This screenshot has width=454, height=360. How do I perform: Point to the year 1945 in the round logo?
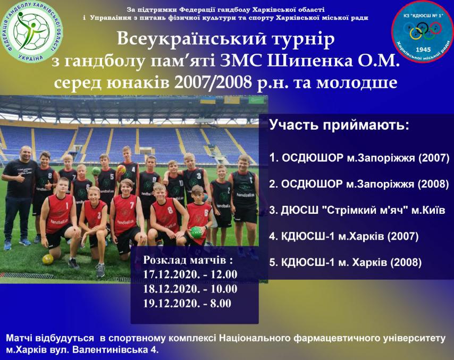pos(423,49)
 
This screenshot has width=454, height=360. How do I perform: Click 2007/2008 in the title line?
pos(213,82)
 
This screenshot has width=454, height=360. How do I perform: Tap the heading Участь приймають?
pos(339,125)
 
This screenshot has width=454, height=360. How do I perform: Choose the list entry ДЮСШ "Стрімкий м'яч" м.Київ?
pos(357,210)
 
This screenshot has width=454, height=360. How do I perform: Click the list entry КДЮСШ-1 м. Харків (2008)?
pos(345,262)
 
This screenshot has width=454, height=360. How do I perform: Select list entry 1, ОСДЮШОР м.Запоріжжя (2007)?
pos(359,158)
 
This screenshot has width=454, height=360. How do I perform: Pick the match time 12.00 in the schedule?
pos(224,274)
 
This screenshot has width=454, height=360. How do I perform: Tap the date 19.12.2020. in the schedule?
pos(171,303)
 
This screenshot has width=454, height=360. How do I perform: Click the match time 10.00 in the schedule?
pos(224,289)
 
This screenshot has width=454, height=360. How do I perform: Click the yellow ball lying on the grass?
pos(48,259)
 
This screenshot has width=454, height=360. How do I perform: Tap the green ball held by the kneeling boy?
pos(196,232)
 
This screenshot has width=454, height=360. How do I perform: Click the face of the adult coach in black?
pos(26,153)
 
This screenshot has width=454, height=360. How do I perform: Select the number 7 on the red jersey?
pos(132,205)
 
